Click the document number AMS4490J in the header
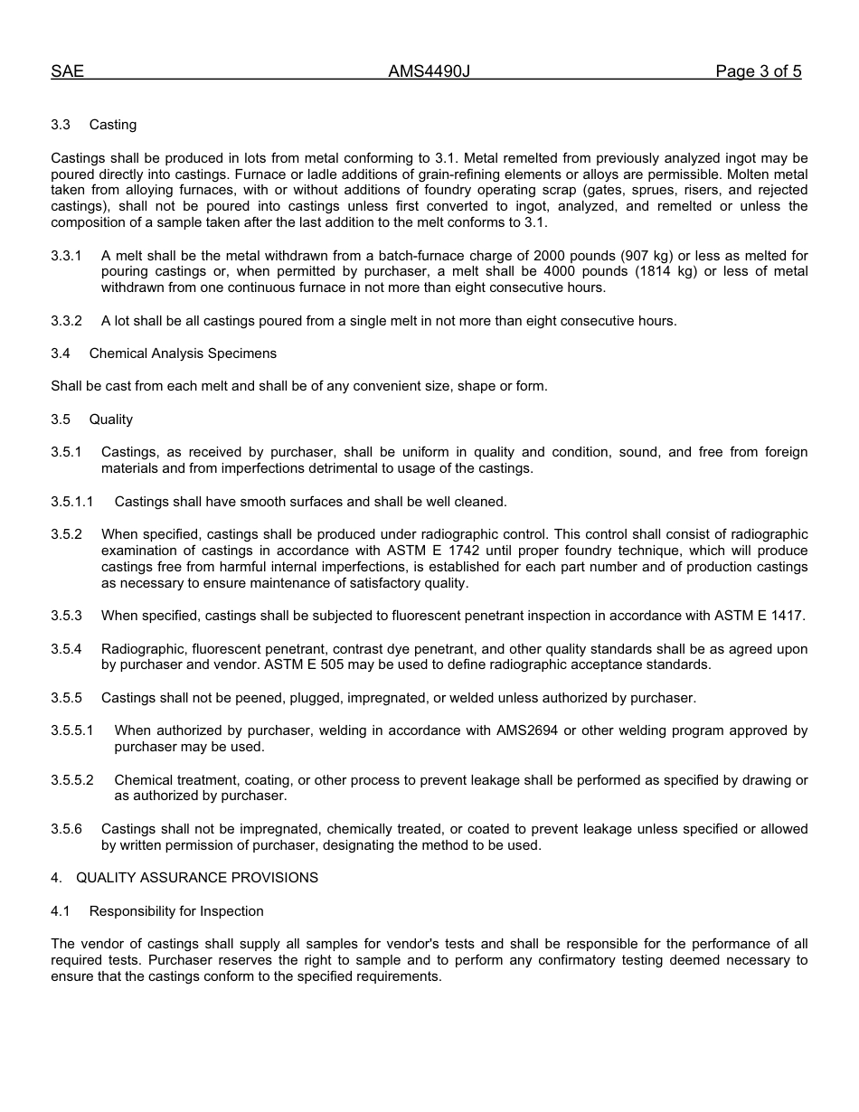click(429, 71)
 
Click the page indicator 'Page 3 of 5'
click(758, 71)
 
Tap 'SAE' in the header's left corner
click(67, 71)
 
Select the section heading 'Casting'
click(113, 125)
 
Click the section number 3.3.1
click(66, 256)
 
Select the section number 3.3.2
click(66, 321)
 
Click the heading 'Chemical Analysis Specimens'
click(183, 353)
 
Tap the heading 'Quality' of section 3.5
click(111, 419)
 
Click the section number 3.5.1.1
click(72, 502)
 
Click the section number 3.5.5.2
click(72, 780)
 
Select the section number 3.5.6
click(66, 829)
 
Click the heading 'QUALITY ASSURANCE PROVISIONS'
click(197, 878)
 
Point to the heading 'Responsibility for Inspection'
click(176, 911)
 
